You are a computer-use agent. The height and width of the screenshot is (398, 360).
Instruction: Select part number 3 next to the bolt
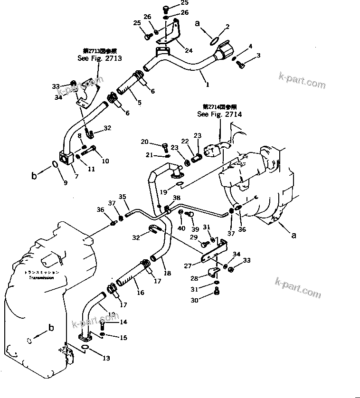258,56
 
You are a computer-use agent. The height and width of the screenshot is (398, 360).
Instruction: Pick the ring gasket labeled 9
55,164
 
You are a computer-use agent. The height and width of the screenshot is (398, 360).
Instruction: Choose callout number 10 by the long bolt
105,161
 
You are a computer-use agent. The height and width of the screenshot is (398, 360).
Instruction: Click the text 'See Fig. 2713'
100,58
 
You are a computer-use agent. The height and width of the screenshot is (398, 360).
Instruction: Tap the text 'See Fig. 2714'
220,114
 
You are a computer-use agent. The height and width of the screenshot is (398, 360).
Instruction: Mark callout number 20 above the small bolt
145,141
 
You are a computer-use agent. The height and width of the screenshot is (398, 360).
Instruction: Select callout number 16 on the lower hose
141,294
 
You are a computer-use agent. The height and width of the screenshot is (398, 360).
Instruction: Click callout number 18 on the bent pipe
167,273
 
